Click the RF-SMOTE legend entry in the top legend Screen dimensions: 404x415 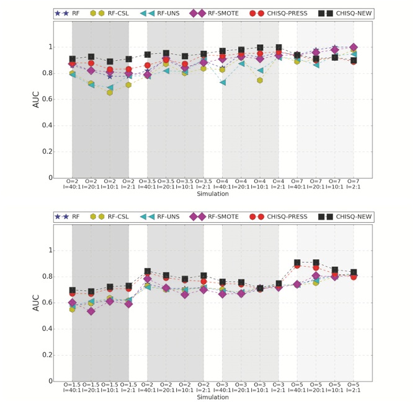225,13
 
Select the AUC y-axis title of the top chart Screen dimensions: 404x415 36,99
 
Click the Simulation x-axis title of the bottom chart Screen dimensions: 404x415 213,397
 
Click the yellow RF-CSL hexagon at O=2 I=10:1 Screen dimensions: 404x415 110,92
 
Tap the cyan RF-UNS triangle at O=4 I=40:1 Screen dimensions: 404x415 222,82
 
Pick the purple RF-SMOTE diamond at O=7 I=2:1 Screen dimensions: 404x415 353,47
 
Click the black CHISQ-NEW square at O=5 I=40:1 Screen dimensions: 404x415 297,263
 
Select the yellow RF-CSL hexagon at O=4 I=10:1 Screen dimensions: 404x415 259,80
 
